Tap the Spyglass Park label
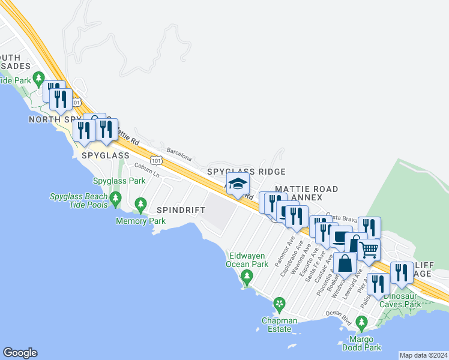coord(119,181)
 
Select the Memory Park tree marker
coord(141,205)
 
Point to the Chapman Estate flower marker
coord(279,305)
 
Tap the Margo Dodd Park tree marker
coord(361,324)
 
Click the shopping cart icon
coord(369,248)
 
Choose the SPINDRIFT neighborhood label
coord(181,210)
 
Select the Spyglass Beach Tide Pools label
coord(79,200)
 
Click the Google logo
coord(20,353)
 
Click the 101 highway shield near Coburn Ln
coord(157,160)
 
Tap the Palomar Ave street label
coord(285,253)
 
